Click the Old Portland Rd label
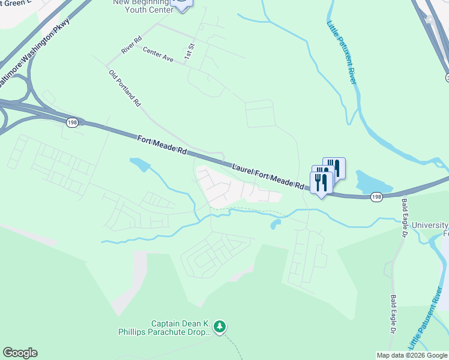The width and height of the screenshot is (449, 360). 125,88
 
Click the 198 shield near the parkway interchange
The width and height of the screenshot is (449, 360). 71,121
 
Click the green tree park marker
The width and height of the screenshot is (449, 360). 221,326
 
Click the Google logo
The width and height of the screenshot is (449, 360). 20,353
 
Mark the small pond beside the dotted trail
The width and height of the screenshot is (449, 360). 276,224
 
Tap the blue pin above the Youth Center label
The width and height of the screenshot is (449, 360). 181,4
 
